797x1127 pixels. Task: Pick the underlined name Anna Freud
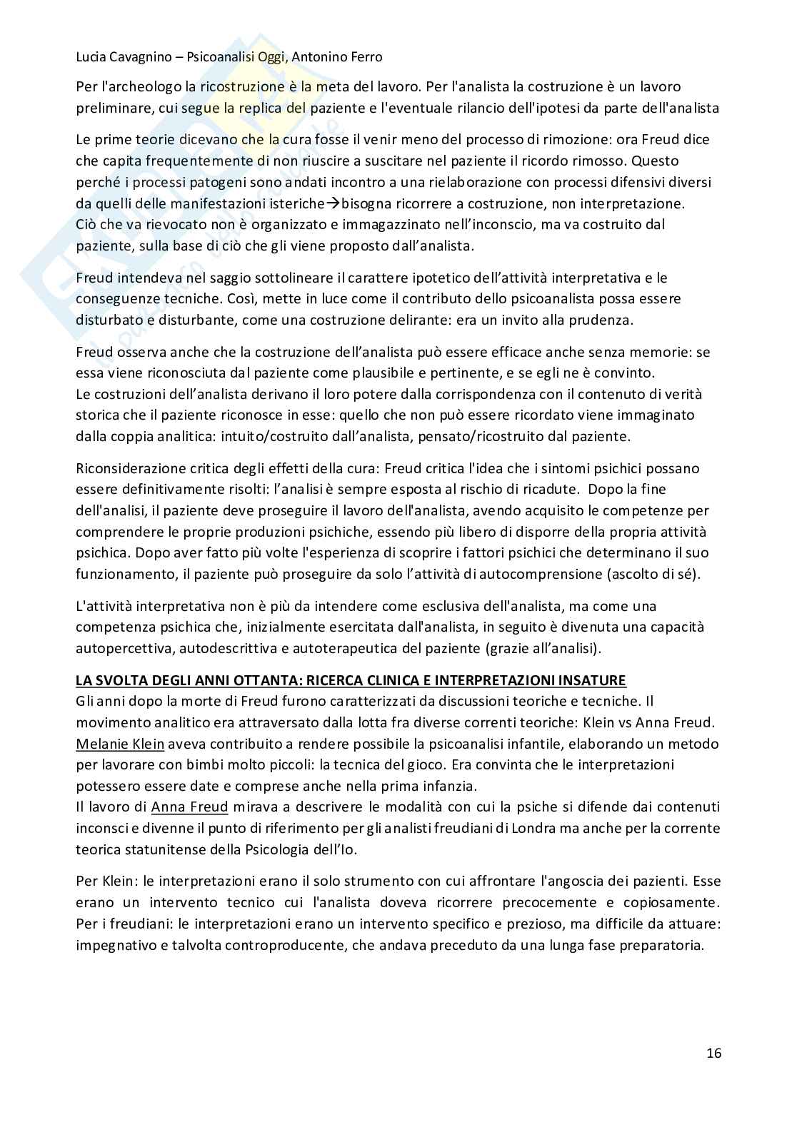(189, 807)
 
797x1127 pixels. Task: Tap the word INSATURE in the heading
(591, 679)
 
